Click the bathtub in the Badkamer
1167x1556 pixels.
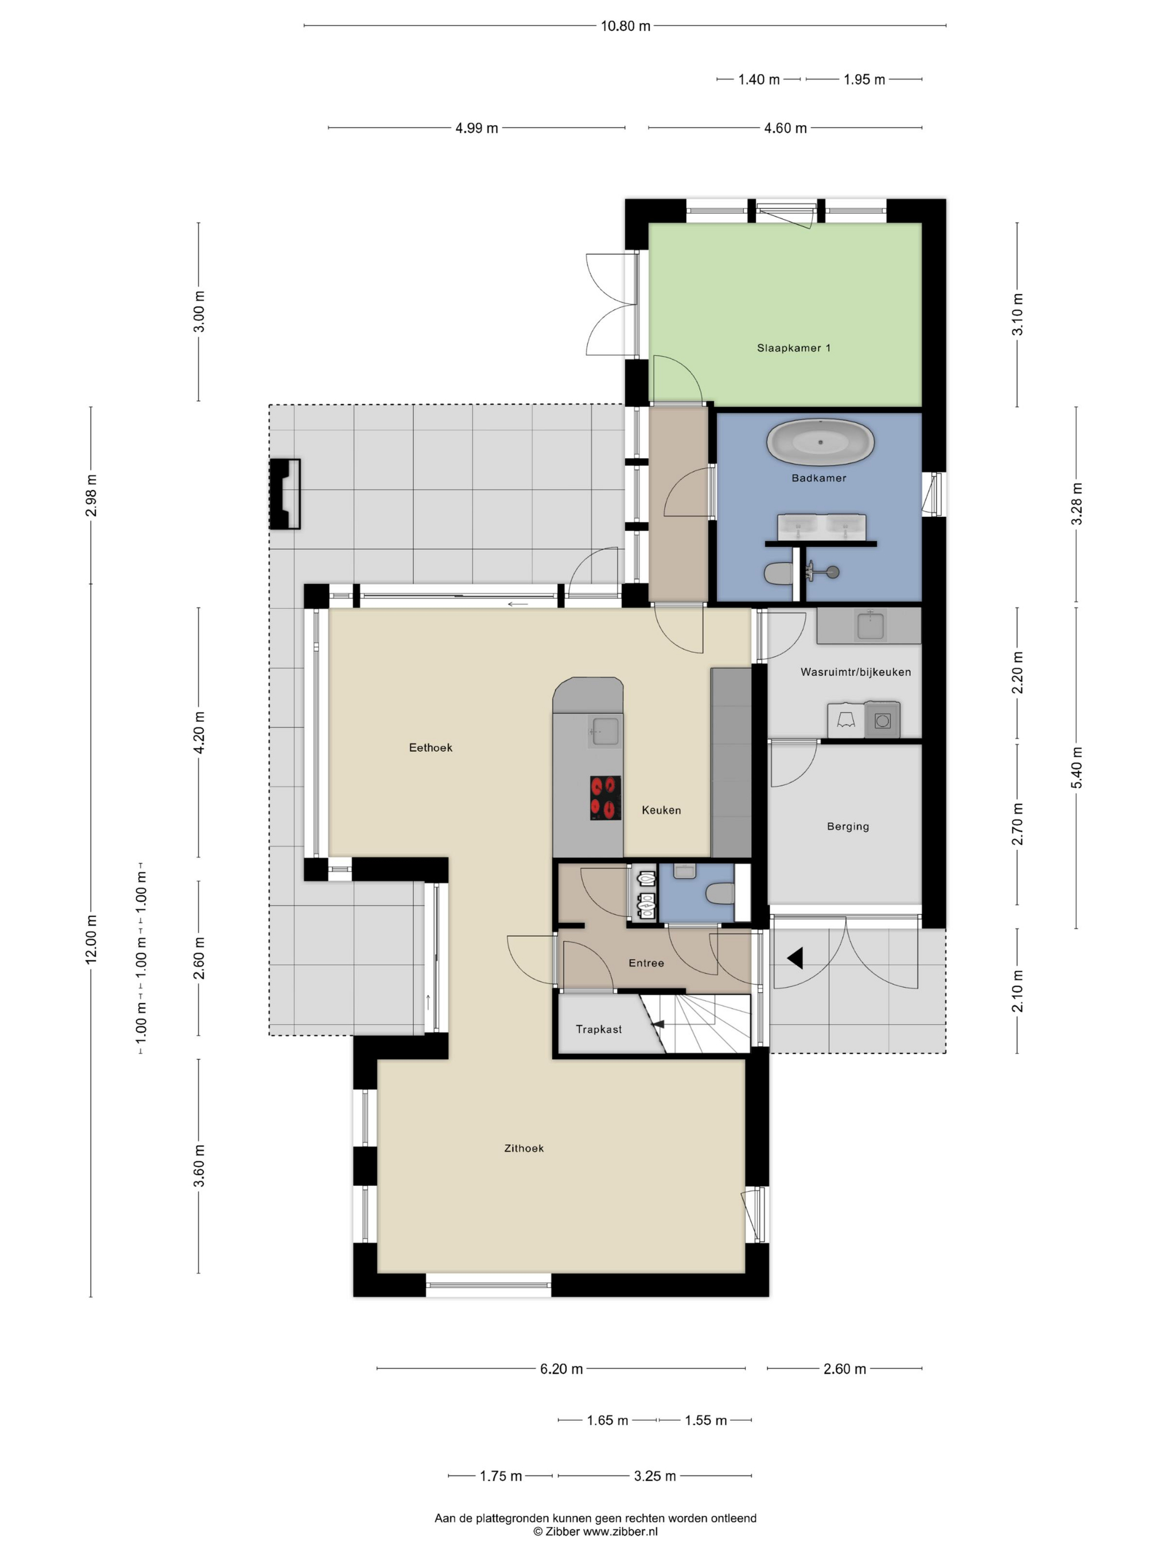[x=820, y=442]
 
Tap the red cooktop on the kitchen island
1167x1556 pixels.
[x=605, y=797]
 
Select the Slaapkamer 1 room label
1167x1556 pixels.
[x=794, y=347]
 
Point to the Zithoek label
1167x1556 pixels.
[x=523, y=1148]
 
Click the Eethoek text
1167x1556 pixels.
[x=431, y=748]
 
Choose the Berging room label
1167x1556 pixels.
[x=847, y=826]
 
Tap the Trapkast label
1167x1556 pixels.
[x=599, y=1029]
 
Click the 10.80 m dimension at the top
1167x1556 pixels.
[x=625, y=26]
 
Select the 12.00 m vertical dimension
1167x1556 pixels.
[x=91, y=939]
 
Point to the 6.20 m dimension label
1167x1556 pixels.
[x=561, y=1369]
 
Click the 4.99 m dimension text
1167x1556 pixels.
[x=476, y=128]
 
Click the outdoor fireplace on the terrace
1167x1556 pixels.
[x=285, y=494]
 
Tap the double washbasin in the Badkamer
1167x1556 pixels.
[x=821, y=527]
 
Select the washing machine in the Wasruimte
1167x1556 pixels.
[x=882, y=720]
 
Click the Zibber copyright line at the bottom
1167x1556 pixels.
[x=595, y=1532]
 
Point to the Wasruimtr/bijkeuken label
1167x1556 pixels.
[x=855, y=672]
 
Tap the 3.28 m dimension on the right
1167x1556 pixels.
[x=1076, y=503]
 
